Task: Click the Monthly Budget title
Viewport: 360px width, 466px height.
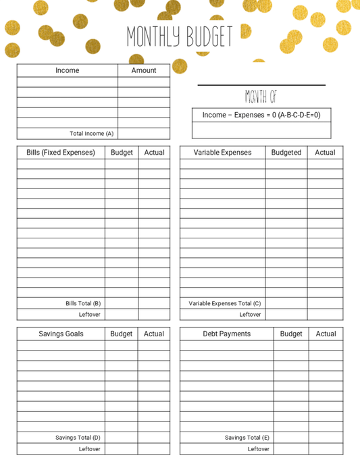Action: coord(179,37)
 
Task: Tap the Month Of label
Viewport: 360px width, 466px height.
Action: coord(261,97)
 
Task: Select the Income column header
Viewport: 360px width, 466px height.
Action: coord(67,70)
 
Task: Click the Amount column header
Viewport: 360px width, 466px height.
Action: coord(143,70)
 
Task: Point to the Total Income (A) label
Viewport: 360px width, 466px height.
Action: coord(91,134)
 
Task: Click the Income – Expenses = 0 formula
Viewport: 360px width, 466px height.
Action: coord(261,115)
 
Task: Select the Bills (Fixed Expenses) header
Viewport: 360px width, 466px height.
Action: coord(61,153)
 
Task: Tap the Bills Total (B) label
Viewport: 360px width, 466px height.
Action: coord(83,304)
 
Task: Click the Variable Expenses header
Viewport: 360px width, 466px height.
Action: coord(222,153)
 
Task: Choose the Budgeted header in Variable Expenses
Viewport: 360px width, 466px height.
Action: coord(286,153)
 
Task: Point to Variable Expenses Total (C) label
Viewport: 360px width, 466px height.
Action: coord(224,304)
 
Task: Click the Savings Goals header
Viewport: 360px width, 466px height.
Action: coord(61,334)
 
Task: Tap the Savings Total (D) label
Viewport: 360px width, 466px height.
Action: coord(78,438)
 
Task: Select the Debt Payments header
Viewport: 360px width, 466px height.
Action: coord(226,334)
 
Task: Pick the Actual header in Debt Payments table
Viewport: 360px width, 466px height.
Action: coord(326,334)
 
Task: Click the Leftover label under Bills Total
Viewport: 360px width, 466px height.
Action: coord(89,315)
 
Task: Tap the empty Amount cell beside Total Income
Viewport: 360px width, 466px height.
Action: coord(143,134)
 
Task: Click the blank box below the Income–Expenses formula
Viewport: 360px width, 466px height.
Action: coord(261,130)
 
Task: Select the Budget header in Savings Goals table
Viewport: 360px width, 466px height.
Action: coord(122,334)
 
